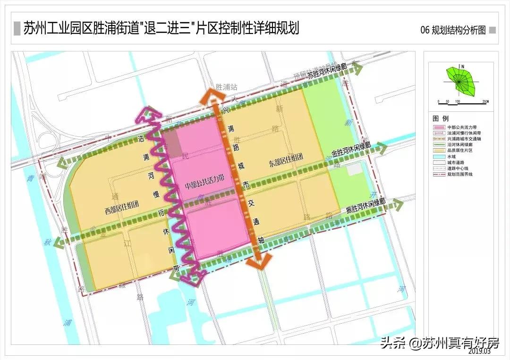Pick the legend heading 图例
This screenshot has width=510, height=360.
pyautogui.click(x=441, y=118)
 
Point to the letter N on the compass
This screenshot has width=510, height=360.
pyautogui.click(x=463, y=67)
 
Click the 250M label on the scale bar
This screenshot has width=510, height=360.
pyautogui.click(x=485, y=101)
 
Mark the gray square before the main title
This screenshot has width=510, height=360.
pyautogui.click(x=17, y=29)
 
